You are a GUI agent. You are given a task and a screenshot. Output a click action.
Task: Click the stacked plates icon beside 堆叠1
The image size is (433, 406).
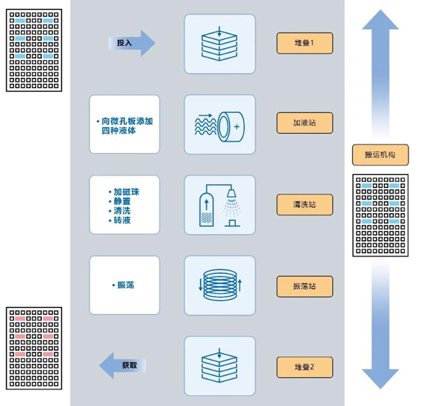219,43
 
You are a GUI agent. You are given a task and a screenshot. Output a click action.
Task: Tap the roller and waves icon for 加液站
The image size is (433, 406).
219,124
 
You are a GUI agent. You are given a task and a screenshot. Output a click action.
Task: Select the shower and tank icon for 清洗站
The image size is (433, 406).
219,204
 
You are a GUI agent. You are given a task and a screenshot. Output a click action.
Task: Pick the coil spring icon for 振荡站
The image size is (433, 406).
219,285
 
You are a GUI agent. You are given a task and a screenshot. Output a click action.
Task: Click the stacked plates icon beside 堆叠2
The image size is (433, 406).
219,366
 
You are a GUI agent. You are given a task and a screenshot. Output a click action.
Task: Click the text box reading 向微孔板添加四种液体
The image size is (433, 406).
124,124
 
